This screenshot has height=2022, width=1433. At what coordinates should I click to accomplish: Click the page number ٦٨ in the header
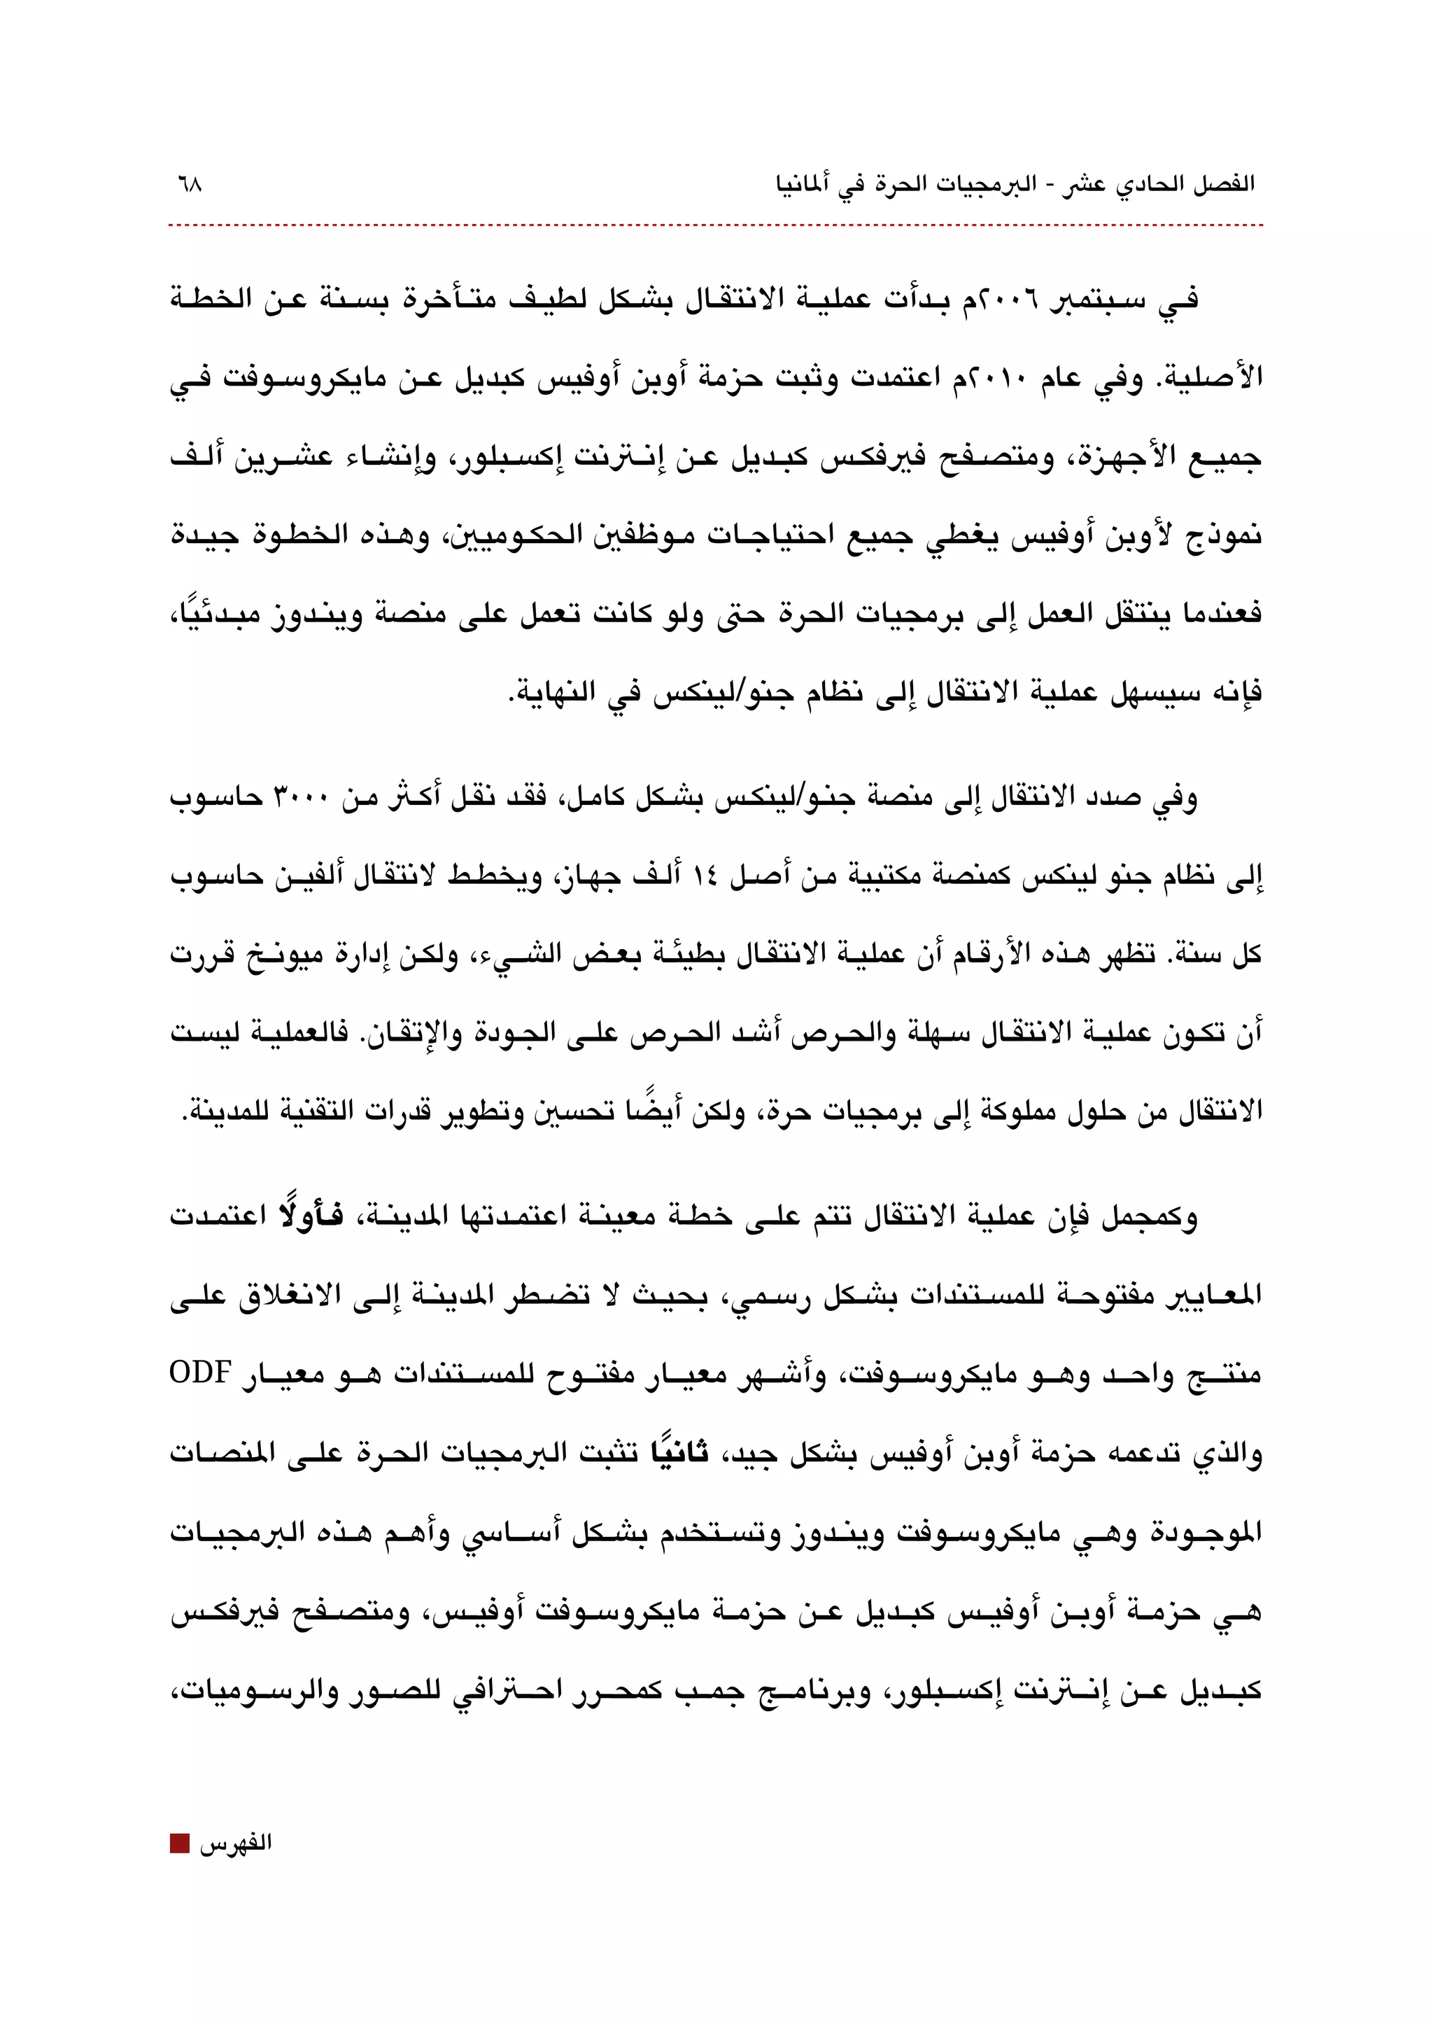point(188,185)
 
